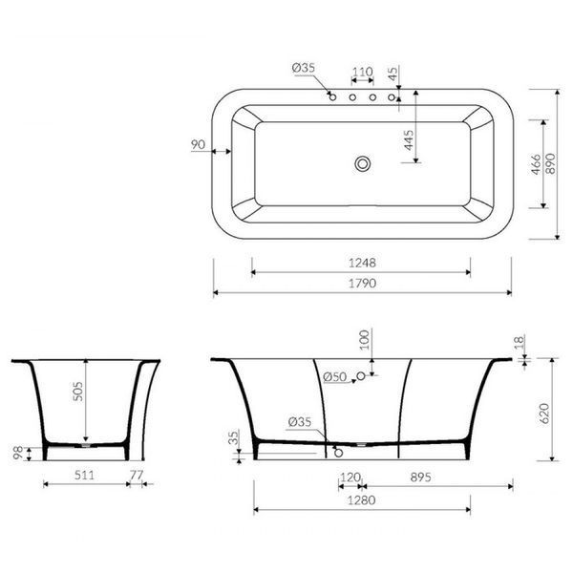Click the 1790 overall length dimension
coord(362,284)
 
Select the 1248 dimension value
coord(362,263)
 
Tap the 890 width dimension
coord(551,163)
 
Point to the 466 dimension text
coord(536,164)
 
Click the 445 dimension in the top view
coord(409,140)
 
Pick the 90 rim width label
coord(198,145)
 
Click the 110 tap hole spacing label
coord(363,72)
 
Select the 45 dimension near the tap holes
coord(393,74)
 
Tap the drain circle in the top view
coord(363,164)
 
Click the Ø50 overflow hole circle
coord(361,375)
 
